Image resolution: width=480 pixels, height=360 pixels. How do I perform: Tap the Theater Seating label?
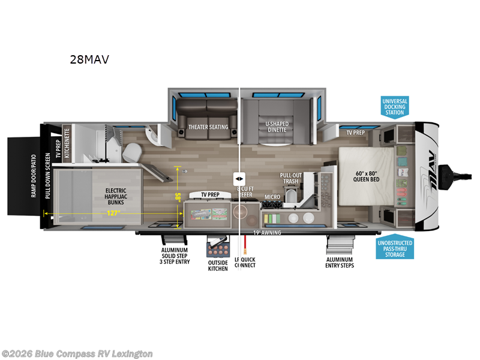[x=208, y=127]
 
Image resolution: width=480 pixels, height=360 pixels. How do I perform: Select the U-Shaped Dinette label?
[x=277, y=127]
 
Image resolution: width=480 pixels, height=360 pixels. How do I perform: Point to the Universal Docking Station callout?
[x=395, y=106]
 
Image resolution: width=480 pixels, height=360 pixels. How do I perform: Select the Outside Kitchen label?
[x=218, y=265]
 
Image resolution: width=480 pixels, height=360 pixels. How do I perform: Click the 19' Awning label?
[x=267, y=232]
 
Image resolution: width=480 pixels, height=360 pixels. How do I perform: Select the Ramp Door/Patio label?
[x=34, y=175]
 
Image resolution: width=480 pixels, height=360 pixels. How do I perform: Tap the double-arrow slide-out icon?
[x=239, y=179]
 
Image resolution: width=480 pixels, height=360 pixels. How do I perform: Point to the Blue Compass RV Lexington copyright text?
[x=77, y=353]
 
